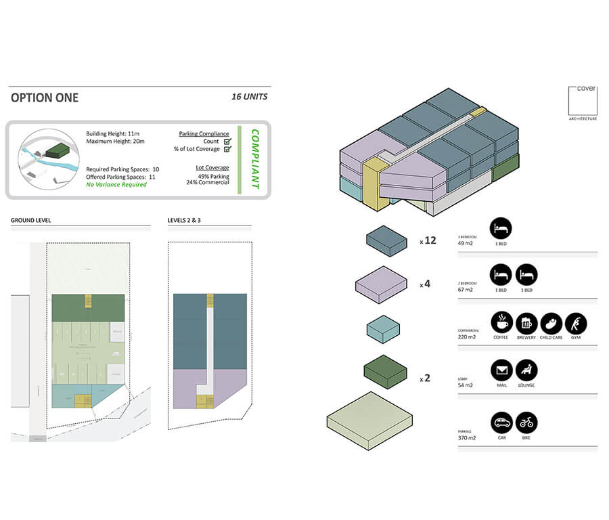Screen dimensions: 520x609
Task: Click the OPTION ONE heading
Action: pyautogui.click(x=45, y=97)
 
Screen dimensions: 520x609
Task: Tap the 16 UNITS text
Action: pyautogui.click(x=249, y=97)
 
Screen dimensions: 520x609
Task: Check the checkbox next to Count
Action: pyautogui.click(x=227, y=142)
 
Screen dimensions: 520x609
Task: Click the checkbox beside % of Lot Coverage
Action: pyautogui.click(x=227, y=150)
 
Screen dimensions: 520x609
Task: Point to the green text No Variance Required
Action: pyautogui.click(x=116, y=185)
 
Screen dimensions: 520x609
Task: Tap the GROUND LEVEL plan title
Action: pyautogui.click(x=30, y=221)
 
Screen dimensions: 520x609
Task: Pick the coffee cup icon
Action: pyautogui.click(x=501, y=323)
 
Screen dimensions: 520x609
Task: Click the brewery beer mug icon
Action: pyautogui.click(x=526, y=323)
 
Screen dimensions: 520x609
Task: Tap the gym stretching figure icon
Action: pyautogui.click(x=576, y=323)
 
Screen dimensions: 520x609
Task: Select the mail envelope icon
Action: pyautogui.click(x=501, y=370)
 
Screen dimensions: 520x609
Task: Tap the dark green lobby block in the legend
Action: pyautogui.click(x=385, y=372)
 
